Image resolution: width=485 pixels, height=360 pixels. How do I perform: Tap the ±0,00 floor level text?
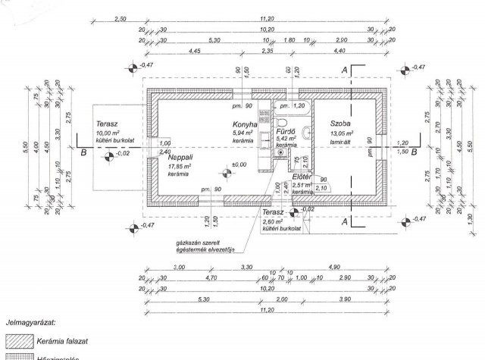click(x=239, y=164)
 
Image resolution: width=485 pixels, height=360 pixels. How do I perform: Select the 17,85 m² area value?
click(x=181, y=165)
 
